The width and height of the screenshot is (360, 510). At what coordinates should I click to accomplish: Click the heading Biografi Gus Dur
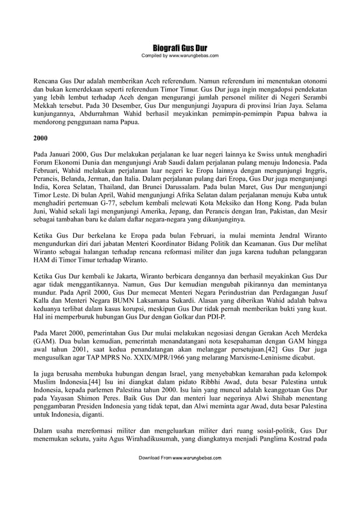(x=179, y=47)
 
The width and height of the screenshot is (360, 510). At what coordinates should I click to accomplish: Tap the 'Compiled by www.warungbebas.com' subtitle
(x=179, y=55)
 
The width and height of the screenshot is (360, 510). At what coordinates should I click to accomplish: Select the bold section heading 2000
(x=40, y=138)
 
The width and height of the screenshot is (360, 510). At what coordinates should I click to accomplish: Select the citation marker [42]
(x=274, y=349)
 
